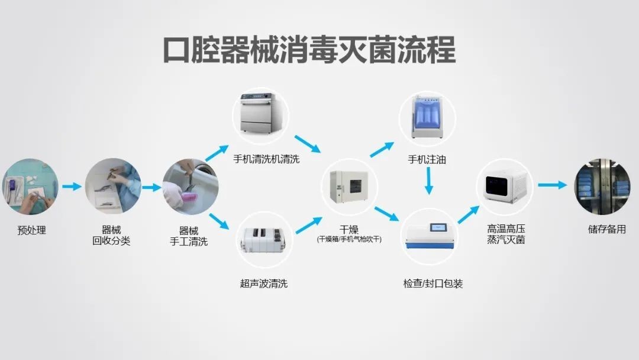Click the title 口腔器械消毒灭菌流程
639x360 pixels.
coord(309,50)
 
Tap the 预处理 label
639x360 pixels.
coord(31,230)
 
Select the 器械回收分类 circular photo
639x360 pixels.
coord(112,186)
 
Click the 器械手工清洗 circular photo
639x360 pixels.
coord(190,186)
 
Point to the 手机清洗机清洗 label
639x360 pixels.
coord(266,159)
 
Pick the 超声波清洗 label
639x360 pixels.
coord(264,284)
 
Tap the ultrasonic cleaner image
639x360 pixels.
coord(264,240)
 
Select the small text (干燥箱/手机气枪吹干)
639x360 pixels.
coord(349,240)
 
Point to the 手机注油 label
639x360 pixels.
coord(427,159)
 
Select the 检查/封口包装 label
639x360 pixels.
coord(433,284)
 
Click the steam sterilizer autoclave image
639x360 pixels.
coord(505,187)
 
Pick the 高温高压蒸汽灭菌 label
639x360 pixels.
coord(506,234)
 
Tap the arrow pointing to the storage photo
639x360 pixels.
coord(552,185)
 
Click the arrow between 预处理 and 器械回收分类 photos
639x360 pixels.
coord(72,187)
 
